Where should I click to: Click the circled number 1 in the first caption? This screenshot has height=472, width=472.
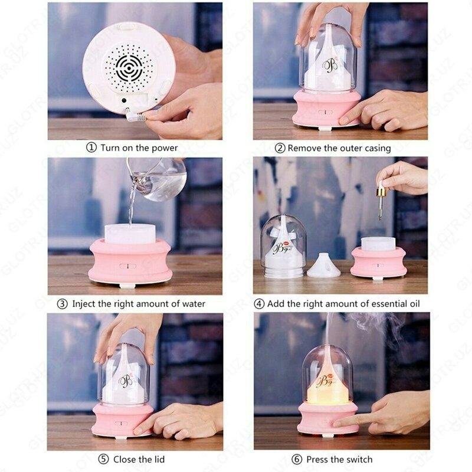91,147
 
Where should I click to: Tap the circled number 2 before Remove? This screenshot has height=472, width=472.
280,148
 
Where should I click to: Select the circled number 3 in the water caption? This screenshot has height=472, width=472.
63,304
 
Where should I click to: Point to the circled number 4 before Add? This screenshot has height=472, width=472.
259,304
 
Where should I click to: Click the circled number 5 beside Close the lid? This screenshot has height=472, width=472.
104,459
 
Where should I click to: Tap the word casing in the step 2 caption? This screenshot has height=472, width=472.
376,148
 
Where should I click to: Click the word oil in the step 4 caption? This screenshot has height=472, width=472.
412,304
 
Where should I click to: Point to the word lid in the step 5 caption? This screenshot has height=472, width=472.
157,459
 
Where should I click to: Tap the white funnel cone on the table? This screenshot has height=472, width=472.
323,266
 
